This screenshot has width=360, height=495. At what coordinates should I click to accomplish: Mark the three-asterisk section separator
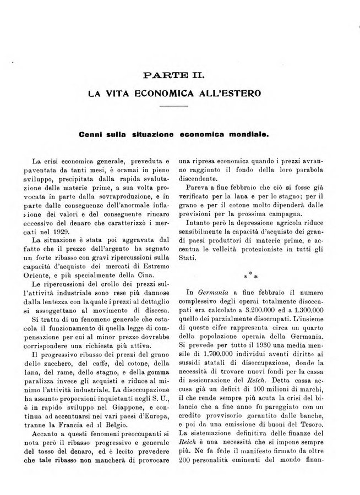pyautogui.click(x=253, y=271)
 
